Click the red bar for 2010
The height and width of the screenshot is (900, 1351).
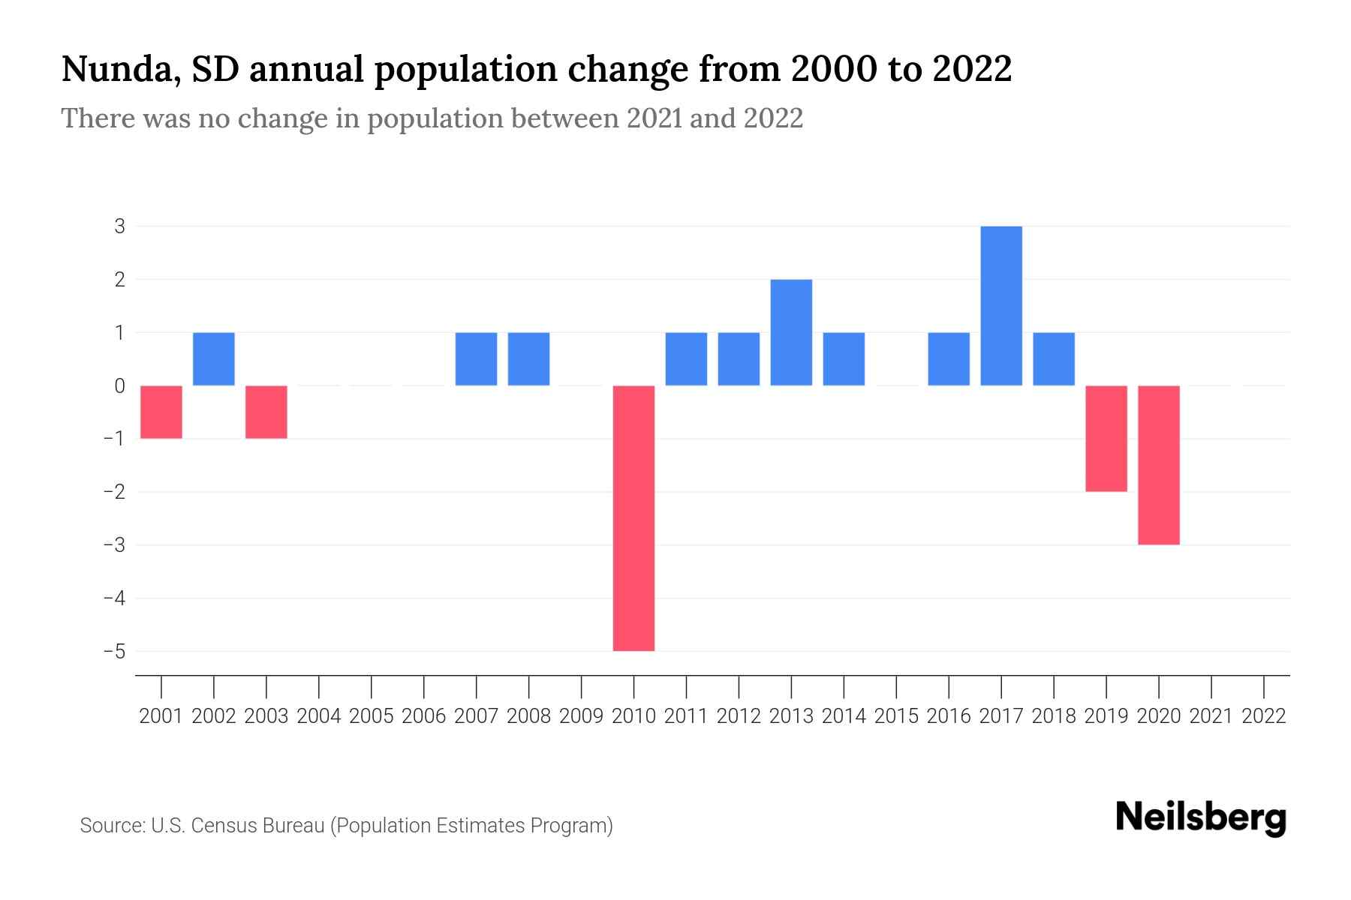point(633,517)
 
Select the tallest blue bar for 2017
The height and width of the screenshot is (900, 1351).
point(1001,306)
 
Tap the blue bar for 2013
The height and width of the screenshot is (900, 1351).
point(791,332)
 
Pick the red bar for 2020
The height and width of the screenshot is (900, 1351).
point(1159,465)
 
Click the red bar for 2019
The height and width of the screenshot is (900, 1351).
point(1106,439)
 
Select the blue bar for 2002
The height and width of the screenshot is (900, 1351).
point(214,358)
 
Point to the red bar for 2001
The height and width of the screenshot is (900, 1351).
point(161,412)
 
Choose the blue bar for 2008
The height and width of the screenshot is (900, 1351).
point(528,358)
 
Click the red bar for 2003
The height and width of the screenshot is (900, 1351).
point(266,412)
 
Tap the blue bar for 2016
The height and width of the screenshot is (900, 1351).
point(949,358)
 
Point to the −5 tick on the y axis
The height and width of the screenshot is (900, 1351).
point(115,651)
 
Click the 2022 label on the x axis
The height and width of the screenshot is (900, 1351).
point(1264,716)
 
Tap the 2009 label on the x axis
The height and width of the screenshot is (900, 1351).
point(581,716)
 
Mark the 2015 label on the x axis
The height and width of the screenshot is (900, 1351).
point(896,716)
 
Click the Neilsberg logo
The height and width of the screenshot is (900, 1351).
point(1201,817)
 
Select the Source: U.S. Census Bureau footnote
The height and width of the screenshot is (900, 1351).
point(346,826)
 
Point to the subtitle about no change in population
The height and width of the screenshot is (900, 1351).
point(432,118)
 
